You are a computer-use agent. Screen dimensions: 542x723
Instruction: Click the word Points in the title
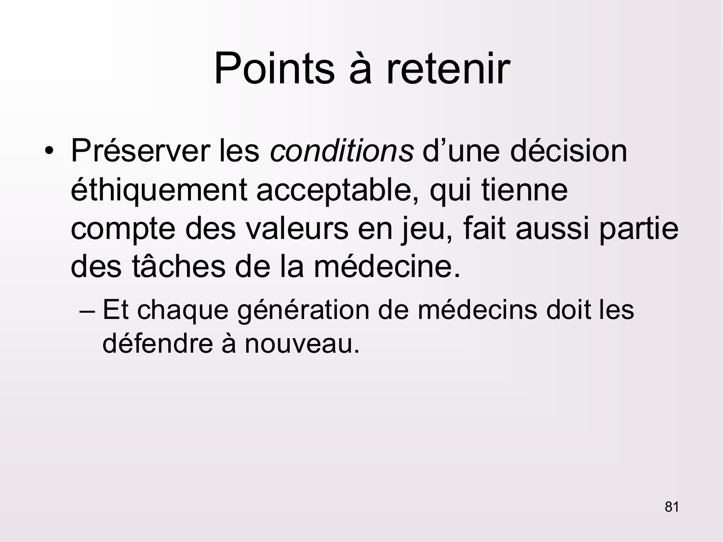[x=274, y=68]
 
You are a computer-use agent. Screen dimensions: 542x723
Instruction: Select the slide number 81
[x=671, y=507]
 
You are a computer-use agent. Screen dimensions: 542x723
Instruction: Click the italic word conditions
[x=341, y=151]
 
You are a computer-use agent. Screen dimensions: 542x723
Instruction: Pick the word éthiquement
[x=158, y=190]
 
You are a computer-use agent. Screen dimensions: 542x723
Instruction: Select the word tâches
[x=178, y=266]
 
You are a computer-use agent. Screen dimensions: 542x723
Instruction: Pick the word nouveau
[x=302, y=344]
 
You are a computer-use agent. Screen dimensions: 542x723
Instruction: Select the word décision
[x=568, y=151]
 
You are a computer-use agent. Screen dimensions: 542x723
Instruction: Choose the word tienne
[x=524, y=190]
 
